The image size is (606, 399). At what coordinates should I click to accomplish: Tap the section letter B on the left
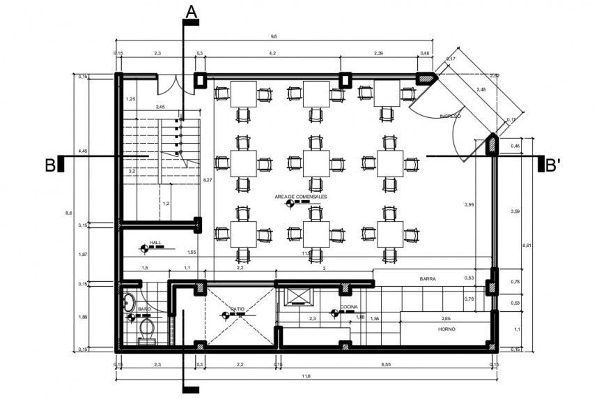(50, 165)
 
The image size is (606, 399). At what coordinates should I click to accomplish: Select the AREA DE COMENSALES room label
(301, 197)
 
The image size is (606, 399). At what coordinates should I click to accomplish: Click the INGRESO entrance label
(449, 116)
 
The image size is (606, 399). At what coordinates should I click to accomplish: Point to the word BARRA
(428, 279)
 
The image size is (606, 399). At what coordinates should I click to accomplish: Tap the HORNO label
(446, 329)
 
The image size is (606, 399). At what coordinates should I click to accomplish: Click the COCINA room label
(349, 307)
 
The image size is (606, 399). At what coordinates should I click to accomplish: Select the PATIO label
(238, 308)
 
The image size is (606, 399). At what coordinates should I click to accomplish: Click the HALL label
(155, 243)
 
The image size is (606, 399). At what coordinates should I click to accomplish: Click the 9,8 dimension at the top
(274, 36)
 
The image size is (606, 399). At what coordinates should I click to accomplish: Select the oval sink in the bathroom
(129, 302)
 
